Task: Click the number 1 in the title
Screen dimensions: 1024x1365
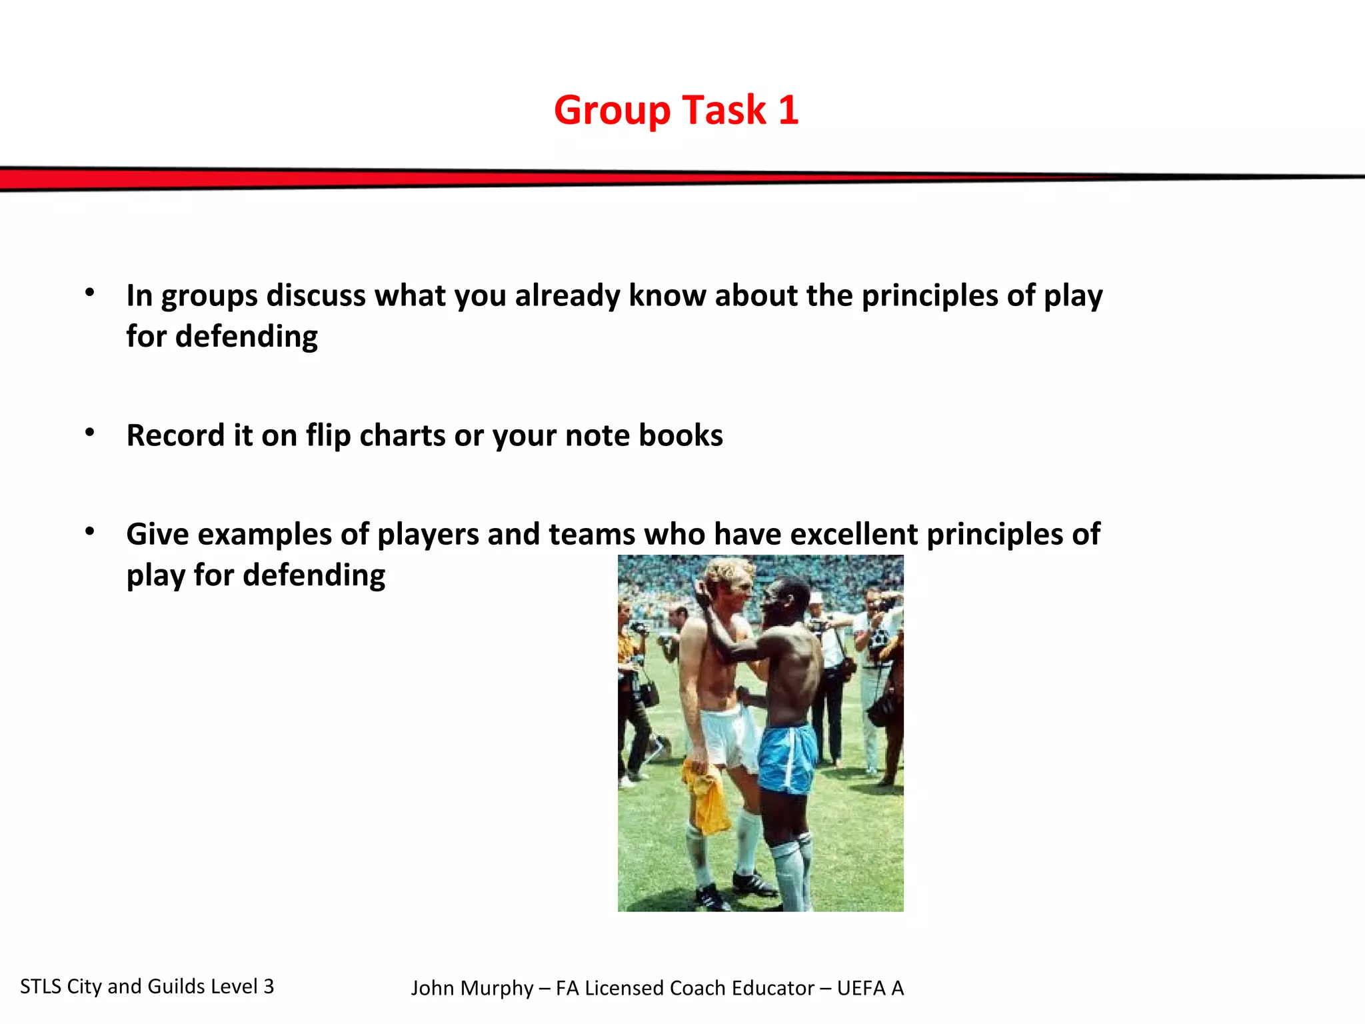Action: pyautogui.click(x=788, y=110)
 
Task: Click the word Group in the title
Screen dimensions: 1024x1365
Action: pyautogui.click(x=612, y=111)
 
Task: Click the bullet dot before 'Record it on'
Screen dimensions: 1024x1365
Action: pyautogui.click(x=90, y=433)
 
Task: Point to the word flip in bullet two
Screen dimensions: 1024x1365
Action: pyautogui.click(x=328, y=435)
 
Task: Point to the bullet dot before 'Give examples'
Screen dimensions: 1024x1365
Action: pyautogui.click(x=90, y=532)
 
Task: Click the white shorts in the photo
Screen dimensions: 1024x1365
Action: pyautogui.click(x=728, y=737)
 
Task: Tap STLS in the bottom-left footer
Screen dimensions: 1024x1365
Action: pyautogui.click(x=40, y=987)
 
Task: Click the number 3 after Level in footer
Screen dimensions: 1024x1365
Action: pyautogui.click(x=269, y=987)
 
